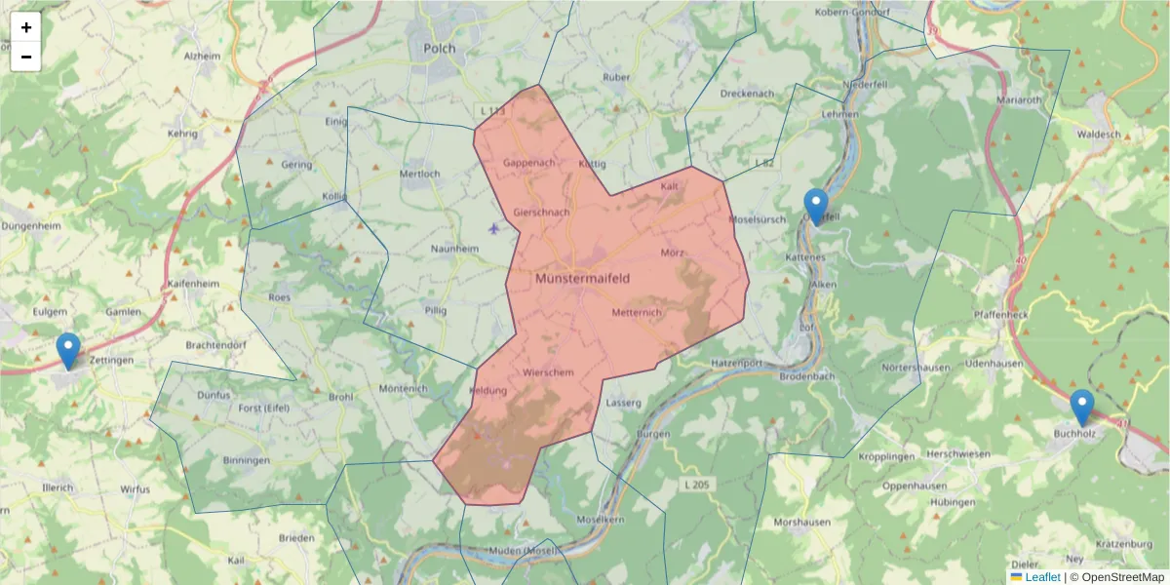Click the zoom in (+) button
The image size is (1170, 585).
26,27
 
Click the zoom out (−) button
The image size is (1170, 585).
26,57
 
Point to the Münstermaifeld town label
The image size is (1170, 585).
583,278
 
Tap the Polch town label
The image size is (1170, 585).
439,47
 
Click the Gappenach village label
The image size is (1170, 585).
529,163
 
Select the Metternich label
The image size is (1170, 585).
637,312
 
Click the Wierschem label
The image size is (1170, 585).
548,372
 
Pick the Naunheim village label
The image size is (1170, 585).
455,249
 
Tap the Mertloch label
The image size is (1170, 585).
420,174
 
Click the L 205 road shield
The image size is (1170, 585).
695,484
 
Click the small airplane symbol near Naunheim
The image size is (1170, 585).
494,229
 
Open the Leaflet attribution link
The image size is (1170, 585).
1042,577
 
